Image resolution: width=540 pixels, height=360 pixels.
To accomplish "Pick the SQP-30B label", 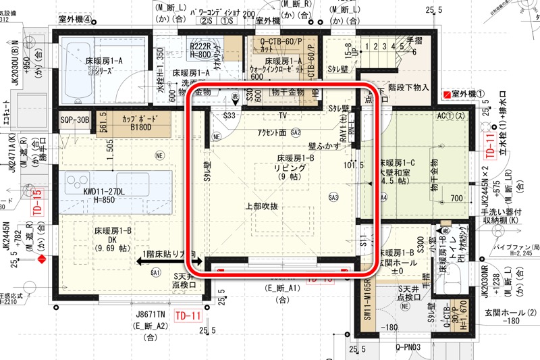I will pos(75,120).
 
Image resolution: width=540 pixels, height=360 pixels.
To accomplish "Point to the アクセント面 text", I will pos(272,132).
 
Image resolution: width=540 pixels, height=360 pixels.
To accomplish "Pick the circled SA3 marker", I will pos(333,197).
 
